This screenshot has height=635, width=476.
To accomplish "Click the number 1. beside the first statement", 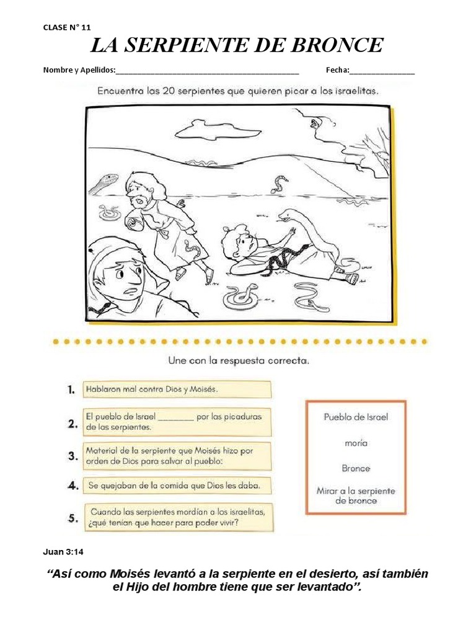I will click(x=71, y=390).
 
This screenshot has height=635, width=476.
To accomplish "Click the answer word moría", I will click(x=356, y=443).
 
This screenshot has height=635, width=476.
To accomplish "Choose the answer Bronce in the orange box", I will click(x=356, y=468).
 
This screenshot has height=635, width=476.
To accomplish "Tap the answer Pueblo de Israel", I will click(x=356, y=417).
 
